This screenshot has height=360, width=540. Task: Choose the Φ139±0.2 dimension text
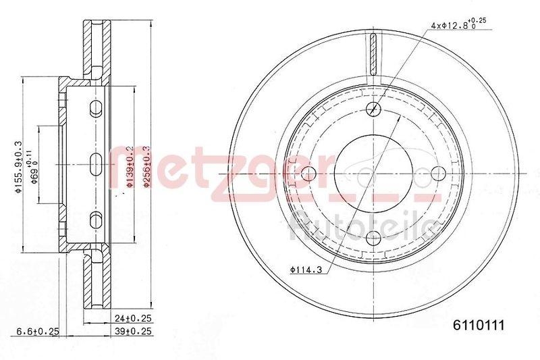(129, 164)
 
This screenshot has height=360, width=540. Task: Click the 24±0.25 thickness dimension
(132, 315)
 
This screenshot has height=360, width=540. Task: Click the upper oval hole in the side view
(95, 107)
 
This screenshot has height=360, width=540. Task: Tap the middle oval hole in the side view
(95, 163)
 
